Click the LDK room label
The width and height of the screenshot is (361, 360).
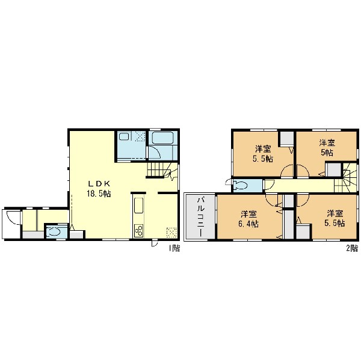99,183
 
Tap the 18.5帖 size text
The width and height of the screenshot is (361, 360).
99,194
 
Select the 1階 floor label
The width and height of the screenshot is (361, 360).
174,248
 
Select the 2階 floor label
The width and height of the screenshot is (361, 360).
352,248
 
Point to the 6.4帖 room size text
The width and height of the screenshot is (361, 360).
248,224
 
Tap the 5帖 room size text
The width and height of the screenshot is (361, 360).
327,152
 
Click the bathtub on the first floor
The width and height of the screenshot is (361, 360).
162,138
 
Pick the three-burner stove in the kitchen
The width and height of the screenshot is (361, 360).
138,231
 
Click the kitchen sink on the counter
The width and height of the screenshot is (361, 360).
138,205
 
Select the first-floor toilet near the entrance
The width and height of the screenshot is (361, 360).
55,231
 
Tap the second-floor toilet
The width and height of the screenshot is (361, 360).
240,185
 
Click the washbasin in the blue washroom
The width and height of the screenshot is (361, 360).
123,137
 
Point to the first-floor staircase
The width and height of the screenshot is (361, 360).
162,170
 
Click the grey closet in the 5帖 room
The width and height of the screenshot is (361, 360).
333,170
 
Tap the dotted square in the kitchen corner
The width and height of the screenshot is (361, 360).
171,233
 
